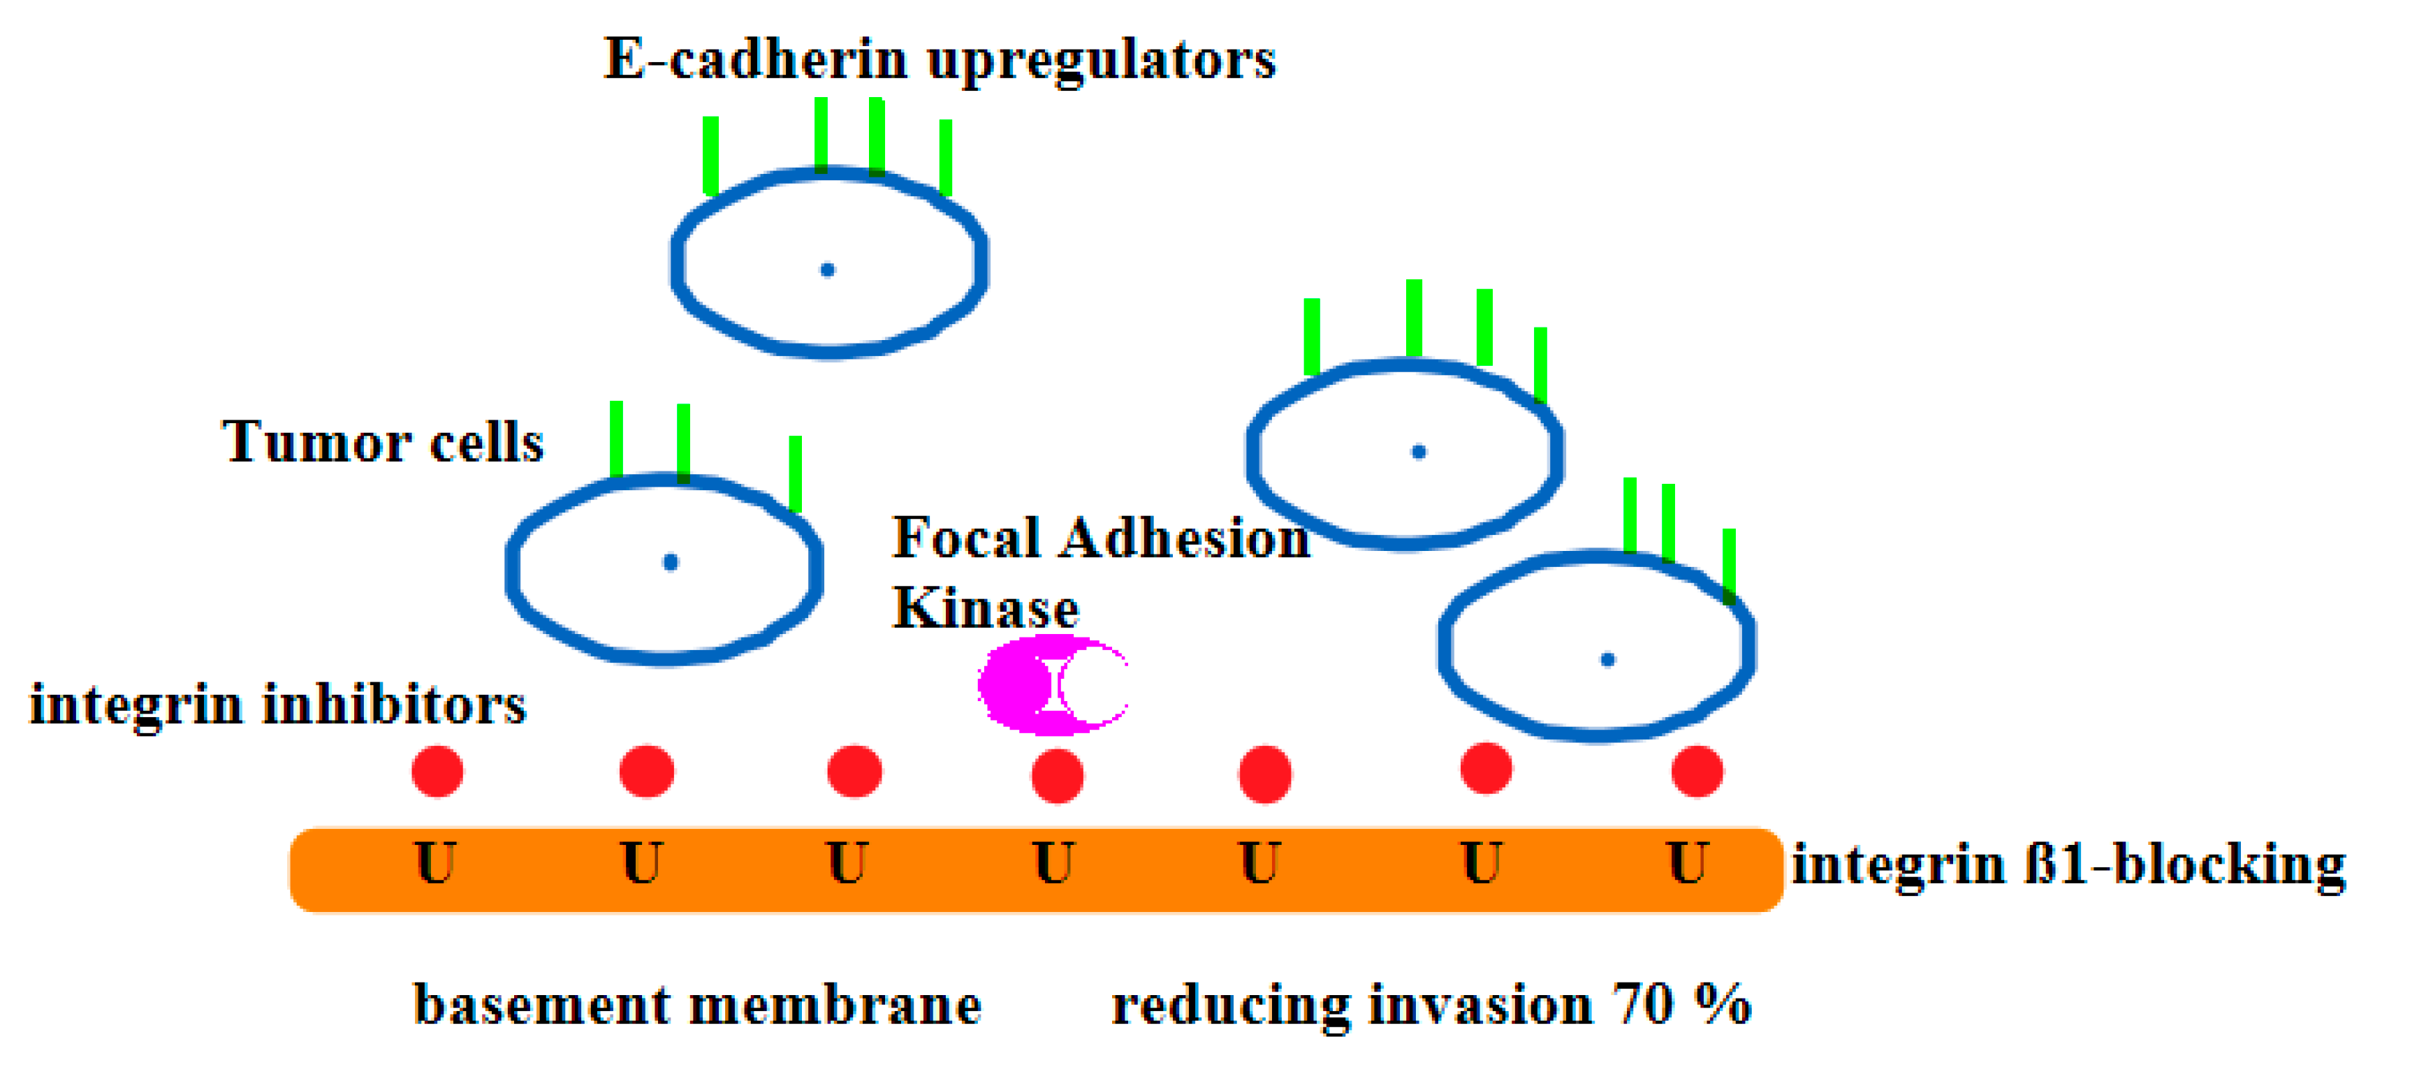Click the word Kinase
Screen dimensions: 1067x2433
tap(985, 607)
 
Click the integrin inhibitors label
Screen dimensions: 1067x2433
tap(278, 705)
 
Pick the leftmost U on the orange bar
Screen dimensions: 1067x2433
tap(435, 863)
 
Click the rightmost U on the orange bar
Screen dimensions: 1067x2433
tap(1688, 863)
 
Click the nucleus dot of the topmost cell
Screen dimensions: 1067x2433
tap(827, 270)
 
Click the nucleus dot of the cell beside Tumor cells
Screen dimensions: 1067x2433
tap(671, 563)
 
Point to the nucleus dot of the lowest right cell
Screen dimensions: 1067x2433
tap(1607, 660)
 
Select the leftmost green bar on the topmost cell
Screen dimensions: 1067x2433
tap(710, 156)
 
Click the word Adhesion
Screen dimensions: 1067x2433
tap(1185, 538)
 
